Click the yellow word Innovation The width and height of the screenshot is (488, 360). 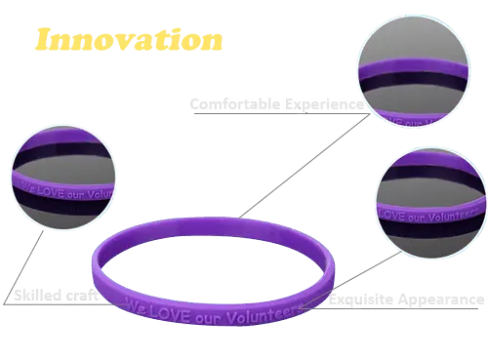pyautogui.click(x=128, y=40)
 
